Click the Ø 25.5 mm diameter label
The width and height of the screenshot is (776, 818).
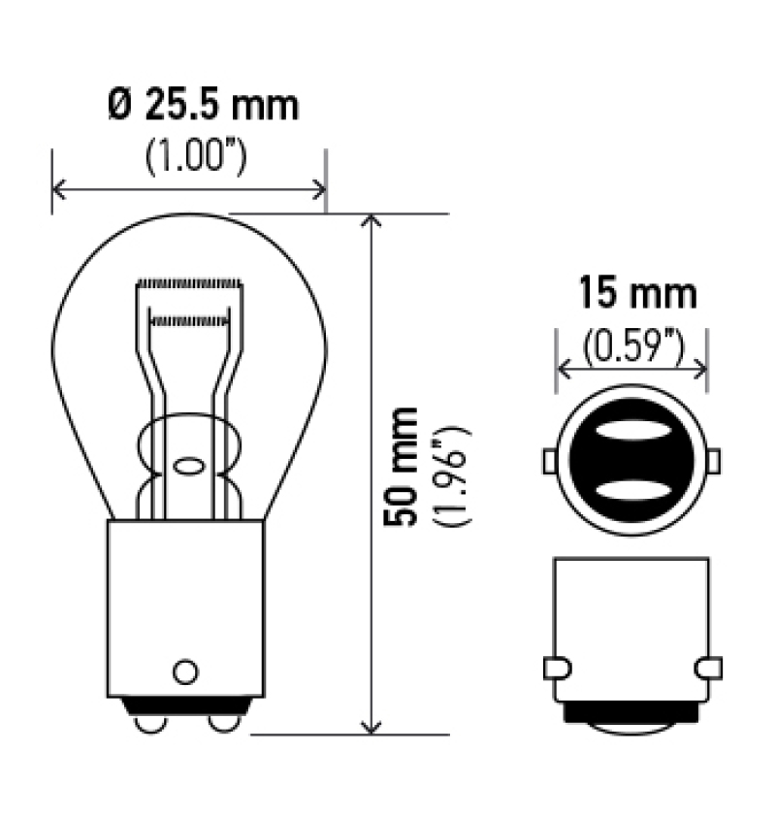202,105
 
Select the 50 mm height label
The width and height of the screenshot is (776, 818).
401,467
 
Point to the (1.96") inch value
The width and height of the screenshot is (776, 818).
453,475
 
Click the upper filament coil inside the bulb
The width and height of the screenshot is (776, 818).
189,283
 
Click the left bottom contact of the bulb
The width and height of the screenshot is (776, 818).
148,723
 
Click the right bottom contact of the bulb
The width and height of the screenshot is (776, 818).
222,723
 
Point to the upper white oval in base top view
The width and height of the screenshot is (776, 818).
631,431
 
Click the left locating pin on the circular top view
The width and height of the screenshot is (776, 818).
549,461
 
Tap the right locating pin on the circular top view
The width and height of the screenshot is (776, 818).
715,461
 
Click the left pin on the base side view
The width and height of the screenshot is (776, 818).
556,668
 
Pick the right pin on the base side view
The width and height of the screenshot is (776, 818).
709,668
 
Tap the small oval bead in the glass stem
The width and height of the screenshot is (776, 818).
188,465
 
